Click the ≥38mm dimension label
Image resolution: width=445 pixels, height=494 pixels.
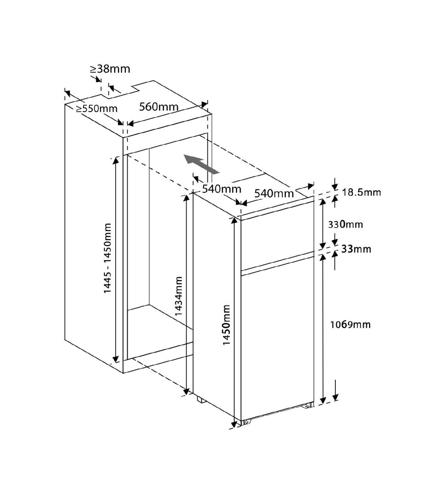coord(110,69)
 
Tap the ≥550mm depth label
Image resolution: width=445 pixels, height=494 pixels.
coord(96,109)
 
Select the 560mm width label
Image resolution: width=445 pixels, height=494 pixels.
coord(159,107)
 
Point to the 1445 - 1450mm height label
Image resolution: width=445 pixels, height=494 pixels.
coord(108,258)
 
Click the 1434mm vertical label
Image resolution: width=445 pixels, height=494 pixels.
coord(178,296)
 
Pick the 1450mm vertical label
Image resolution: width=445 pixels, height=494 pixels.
coord(227,325)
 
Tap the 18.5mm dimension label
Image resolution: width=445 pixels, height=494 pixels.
coord(362,192)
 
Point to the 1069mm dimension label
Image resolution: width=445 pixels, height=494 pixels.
coord(350,324)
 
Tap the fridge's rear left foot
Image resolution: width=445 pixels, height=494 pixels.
coord(201,399)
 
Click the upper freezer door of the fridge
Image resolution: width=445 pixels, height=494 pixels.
coord(277,235)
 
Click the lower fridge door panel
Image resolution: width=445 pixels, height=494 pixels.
coord(277,343)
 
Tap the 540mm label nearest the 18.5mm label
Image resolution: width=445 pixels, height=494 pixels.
coord(274,193)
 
